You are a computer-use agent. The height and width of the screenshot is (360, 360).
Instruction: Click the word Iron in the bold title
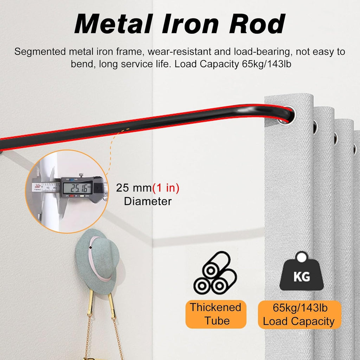pyautogui.click(x=190, y=24)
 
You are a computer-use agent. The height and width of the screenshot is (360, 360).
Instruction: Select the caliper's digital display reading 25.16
pyautogui.click(x=77, y=188)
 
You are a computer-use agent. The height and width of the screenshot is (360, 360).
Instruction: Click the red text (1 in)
pyautogui.click(x=166, y=188)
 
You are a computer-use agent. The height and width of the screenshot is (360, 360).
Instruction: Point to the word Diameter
pyautogui.click(x=148, y=201)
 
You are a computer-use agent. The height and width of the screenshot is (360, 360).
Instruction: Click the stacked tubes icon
pyautogui.click(x=215, y=273)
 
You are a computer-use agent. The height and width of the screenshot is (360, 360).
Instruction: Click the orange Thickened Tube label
pyautogui.click(x=216, y=314)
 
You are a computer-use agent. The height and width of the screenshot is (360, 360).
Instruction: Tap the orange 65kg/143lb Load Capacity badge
pyautogui.click(x=300, y=315)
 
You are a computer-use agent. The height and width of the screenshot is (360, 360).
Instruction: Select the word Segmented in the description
pyautogui.click(x=40, y=52)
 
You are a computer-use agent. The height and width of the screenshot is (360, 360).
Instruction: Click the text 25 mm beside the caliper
pyautogui.click(x=134, y=188)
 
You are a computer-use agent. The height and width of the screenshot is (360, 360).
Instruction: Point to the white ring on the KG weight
pyautogui.click(x=301, y=257)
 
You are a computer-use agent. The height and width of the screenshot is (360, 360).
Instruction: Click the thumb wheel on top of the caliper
pyautogui.click(x=81, y=175)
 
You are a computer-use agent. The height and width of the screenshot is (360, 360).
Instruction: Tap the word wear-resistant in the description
pyautogui.click(x=179, y=52)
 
